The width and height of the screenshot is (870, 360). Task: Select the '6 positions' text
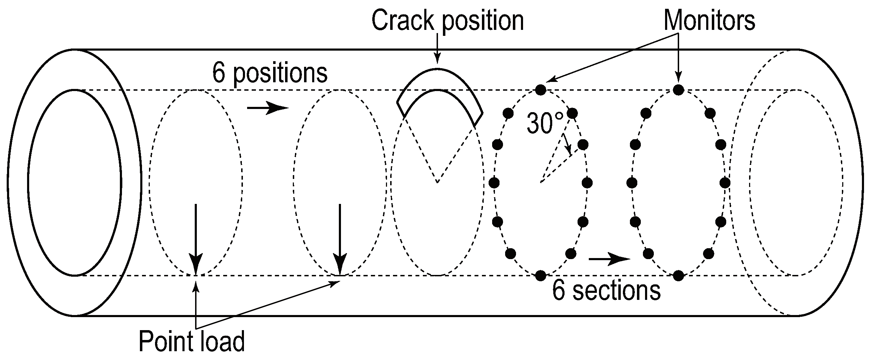pos(270,73)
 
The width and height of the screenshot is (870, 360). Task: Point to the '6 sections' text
pos(606,290)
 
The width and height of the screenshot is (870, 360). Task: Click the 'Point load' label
pos(192,341)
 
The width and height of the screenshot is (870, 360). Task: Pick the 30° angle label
pos(544,123)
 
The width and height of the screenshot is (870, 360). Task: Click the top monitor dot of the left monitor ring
pos(541,90)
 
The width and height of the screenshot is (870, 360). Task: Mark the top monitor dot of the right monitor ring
pos(678,90)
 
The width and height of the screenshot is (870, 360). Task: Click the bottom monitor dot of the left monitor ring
pos(541,276)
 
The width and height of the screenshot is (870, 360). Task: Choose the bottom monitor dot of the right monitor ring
pos(678,276)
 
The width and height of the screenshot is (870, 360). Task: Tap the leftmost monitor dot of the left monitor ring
pos(494,182)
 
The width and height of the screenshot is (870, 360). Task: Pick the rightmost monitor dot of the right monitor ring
pos(725,182)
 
